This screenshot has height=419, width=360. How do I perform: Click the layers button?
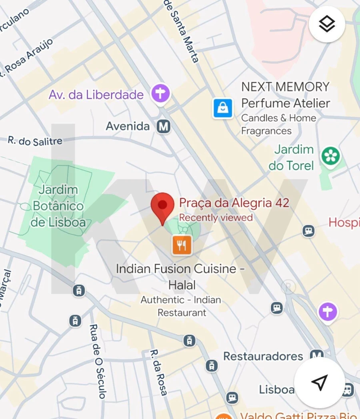pyautogui.click(x=327, y=24)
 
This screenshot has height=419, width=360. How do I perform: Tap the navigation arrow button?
pyautogui.click(x=319, y=383)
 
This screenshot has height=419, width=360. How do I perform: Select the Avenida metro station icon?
pyautogui.click(x=163, y=126)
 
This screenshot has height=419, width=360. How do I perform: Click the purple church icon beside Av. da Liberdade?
pyautogui.click(x=160, y=94)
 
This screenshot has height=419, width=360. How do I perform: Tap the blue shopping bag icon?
pyautogui.click(x=223, y=108)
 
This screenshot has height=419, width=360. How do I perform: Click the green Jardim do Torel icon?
pyautogui.click(x=331, y=156)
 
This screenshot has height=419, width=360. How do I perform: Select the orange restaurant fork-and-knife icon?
pyautogui.click(x=182, y=245)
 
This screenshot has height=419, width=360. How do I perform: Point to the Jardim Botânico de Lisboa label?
pyautogui.click(x=58, y=206)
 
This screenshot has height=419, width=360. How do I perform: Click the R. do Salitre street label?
pyautogui.click(x=35, y=140)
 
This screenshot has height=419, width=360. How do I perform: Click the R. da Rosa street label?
pyautogui.click(x=158, y=372)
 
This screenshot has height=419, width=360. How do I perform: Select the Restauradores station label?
pyautogui.click(x=263, y=356)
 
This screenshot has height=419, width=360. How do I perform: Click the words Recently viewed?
pyautogui.click(x=216, y=218)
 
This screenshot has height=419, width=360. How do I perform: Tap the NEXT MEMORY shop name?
pyautogui.click(x=285, y=86)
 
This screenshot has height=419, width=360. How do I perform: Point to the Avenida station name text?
pyautogui.click(x=128, y=126)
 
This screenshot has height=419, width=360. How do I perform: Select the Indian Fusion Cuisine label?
pyautogui.click(x=180, y=269)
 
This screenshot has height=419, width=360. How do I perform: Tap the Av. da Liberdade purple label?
pyautogui.click(x=96, y=95)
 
